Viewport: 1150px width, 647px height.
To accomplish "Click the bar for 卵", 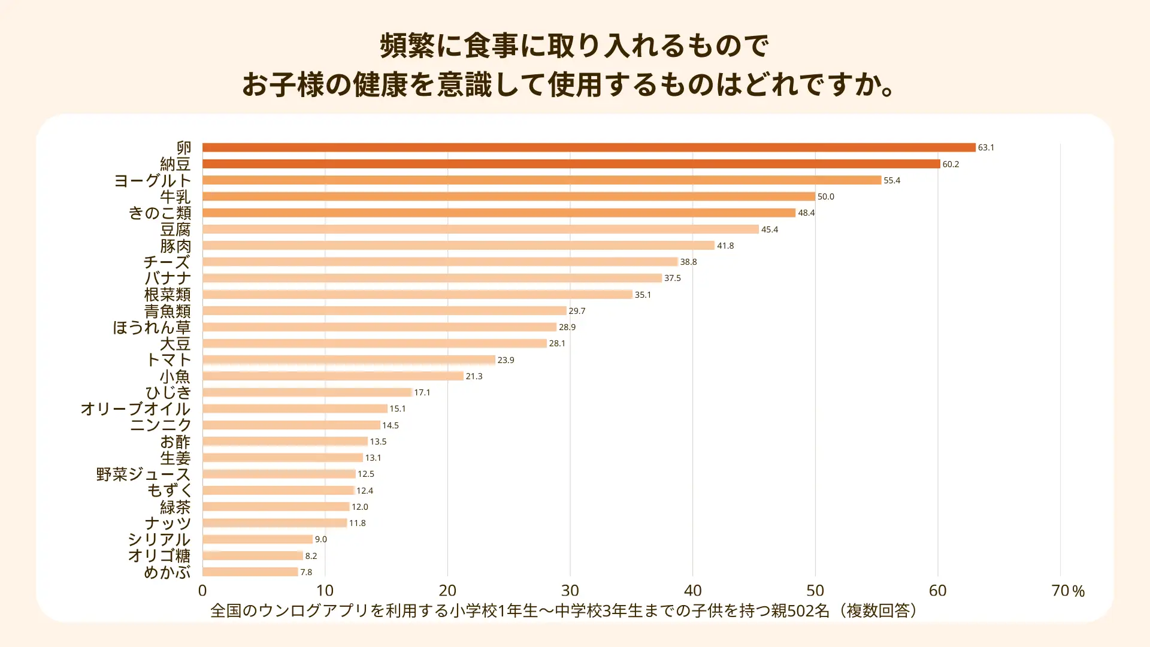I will (589, 147).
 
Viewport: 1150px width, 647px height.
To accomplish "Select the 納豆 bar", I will (571, 164).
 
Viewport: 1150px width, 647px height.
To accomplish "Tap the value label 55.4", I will (892, 180).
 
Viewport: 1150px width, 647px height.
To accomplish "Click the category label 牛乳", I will (175, 196).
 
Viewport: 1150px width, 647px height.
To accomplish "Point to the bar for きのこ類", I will (499, 213).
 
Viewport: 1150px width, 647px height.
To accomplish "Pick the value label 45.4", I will (770, 229).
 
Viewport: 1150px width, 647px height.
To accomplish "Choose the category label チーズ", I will (167, 262).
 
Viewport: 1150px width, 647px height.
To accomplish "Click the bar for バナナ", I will (432, 278).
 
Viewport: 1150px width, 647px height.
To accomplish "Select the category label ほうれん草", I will (152, 327).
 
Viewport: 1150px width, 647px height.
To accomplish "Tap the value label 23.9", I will (506, 360).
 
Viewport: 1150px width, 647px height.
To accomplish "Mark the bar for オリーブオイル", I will (295, 409).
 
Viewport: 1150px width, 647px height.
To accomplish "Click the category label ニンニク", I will (161, 425).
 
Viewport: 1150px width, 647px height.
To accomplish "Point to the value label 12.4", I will (365, 491).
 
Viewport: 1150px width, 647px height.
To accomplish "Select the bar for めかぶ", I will (250, 572).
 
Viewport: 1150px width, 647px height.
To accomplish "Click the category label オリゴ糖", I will (159, 556).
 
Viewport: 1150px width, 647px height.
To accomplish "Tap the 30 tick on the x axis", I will (570, 591).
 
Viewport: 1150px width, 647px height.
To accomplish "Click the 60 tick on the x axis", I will (937, 591).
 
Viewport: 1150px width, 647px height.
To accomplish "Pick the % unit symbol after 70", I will (1079, 592).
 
